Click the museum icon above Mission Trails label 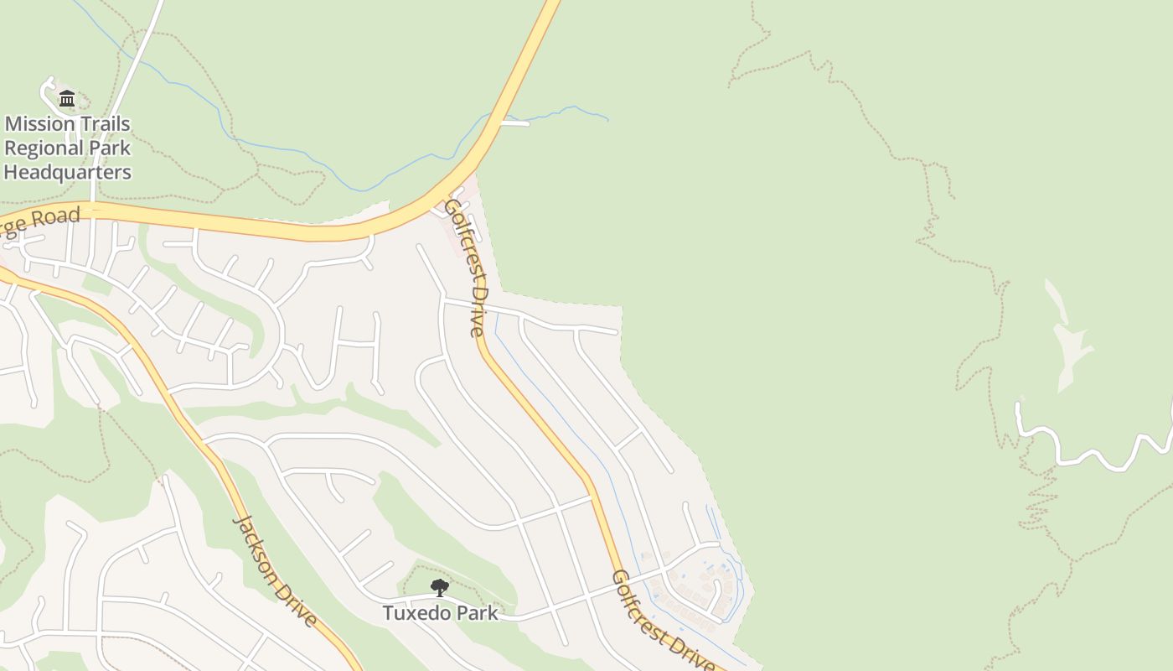point(67,99)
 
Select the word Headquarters point(68,173)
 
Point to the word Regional point(37,148)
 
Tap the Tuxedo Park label point(440,613)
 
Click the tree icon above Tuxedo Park point(439,587)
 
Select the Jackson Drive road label point(275,571)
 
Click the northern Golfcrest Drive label point(467,267)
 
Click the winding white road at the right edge point(1089,454)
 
